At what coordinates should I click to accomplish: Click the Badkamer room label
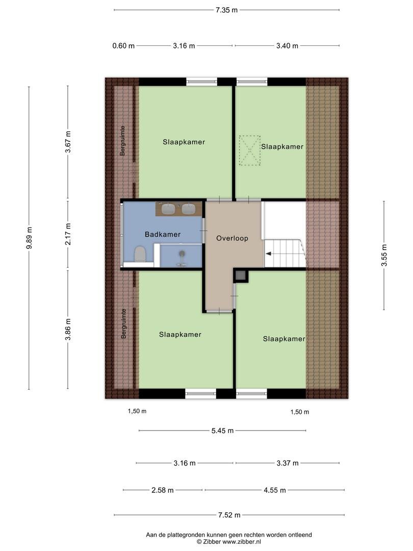pos(163,234)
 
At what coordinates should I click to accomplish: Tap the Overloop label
pos(232,238)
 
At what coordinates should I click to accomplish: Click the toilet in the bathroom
pos(140,254)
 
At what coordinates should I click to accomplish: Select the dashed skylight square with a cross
pos(250,151)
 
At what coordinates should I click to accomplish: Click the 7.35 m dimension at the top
pos(226,10)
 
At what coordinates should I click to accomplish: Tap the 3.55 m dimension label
pos(384,256)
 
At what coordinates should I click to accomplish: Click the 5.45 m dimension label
pos(222,431)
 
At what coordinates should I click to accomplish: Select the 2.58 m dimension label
pos(163,490)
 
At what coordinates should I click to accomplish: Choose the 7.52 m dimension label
pos(229,515)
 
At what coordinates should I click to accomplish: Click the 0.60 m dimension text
pos(123,46)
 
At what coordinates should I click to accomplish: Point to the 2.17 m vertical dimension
pos(68,234)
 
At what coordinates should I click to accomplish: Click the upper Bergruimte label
pos(122,141)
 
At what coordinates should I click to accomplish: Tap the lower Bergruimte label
pos(123,323)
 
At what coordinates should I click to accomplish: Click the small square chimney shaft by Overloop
pos(241,275)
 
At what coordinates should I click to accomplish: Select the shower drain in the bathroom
pos(182,254)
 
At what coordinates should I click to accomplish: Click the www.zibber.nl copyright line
pos(229,542)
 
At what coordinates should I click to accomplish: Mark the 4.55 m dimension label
pos(275,490)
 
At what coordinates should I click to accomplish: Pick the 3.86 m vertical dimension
pos(68,330)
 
